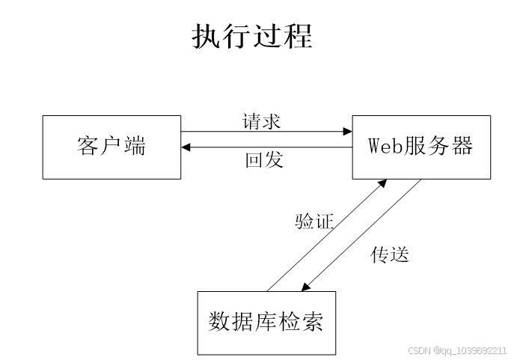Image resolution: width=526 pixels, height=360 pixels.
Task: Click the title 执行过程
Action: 252,36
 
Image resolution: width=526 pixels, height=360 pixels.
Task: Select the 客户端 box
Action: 111,147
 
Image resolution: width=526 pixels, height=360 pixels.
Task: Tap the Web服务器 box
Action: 421,147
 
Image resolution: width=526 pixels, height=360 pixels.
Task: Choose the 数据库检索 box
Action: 266,322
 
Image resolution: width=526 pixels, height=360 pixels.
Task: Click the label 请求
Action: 262,120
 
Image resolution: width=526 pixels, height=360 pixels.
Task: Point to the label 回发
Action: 264,160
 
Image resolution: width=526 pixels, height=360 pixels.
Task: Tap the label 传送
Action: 390,254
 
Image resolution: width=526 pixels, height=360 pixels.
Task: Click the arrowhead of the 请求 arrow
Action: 348,132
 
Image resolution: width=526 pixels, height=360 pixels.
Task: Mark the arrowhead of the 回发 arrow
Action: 186,147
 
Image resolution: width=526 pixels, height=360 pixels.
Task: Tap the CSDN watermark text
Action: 457,350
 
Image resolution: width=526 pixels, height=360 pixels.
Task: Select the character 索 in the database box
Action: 314,322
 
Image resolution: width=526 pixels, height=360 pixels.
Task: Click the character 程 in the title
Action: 298,36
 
